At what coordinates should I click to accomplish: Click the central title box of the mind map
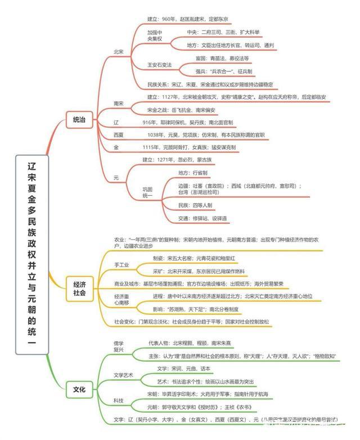coord(31,254)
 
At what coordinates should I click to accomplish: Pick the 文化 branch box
coord(79,388)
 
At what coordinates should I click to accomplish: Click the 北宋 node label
coord(119,51)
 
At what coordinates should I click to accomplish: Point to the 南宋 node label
coord(119,104)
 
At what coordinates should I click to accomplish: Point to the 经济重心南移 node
coord(126,300)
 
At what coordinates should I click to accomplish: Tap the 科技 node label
coord(118,400)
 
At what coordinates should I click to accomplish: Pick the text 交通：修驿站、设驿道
coord(202,218)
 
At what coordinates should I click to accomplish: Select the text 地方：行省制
coord(193,172)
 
